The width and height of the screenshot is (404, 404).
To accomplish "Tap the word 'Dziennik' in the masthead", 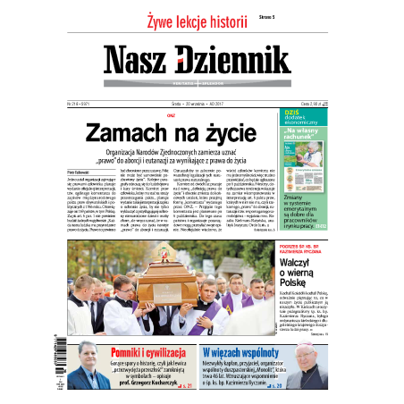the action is point(233,59).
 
